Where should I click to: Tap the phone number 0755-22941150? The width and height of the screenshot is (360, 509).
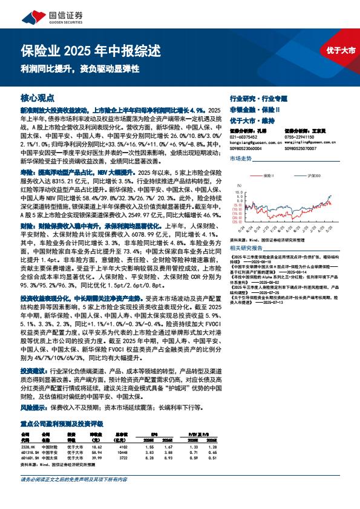300,136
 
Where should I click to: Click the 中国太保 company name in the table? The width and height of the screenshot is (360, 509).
50,459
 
